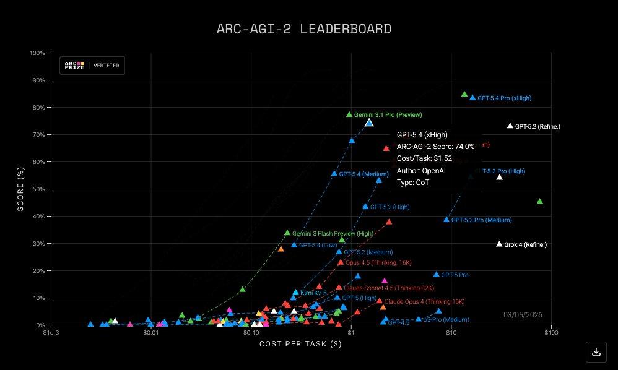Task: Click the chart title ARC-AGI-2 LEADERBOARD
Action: tap(303, 29)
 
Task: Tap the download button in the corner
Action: tap(596, 352)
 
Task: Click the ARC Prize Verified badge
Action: tap(92, 66)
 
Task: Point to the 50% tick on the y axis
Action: tap(37, 189)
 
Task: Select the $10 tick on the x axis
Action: tap(451, 333)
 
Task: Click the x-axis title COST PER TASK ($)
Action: tap(300, 344)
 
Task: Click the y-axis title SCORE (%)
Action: tap(20, 189)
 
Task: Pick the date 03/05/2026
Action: tap(523, 315)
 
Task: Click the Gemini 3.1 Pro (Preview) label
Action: tap(388, 115)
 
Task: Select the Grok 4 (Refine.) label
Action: tap(525, 245)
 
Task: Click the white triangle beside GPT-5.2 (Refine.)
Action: tap(510, 126)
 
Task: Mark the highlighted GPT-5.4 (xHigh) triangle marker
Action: tap(369, 123)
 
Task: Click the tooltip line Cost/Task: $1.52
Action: tap(425, 158)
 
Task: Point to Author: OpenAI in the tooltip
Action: tap(422, 170)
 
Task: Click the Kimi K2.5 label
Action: tap(313, 293)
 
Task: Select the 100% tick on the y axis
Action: tap(37, 53)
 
